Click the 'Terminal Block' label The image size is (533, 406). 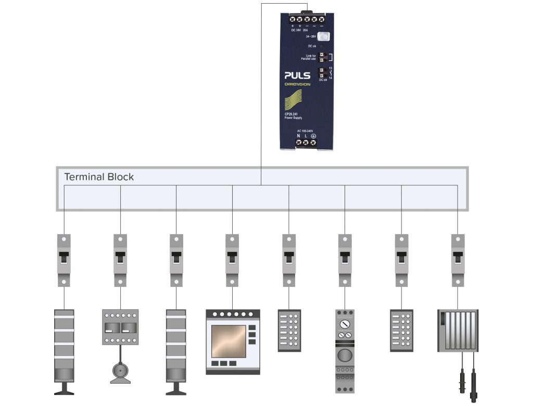click(x=99, y=177)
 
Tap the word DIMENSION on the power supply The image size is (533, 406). click(x=297, y=84)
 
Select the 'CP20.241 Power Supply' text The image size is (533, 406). click(x=293, y=116)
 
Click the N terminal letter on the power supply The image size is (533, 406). click(x=298, y=136)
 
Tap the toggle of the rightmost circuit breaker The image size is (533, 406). click(x=458, y=258)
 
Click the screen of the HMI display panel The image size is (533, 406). click(x=229, y=341)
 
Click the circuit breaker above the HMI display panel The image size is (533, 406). click(x=233, y=260)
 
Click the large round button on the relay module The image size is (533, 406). click(x=344, y=356)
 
